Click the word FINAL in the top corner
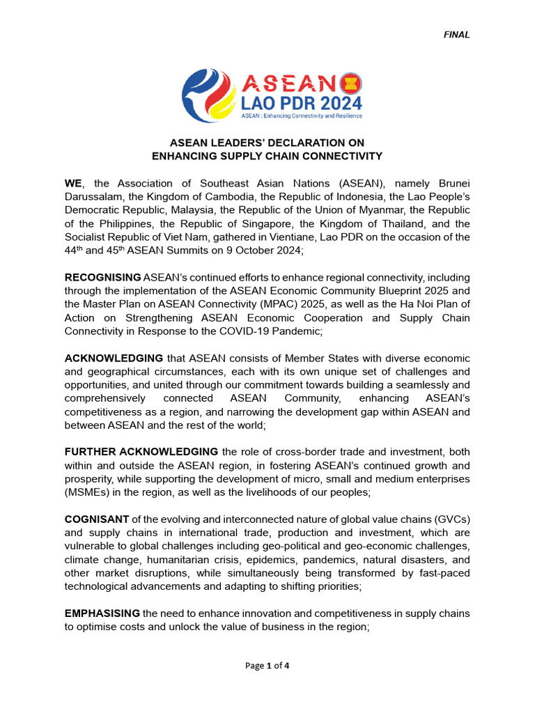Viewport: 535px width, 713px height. pyautogui.click(x=457, y=35)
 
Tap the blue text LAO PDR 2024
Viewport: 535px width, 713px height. pyautogui.click(x=302, y=104)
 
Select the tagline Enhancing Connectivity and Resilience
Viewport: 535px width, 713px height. pyautogui.click(x=301, y=116)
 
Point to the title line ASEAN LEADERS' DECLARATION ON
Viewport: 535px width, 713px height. pyautogui.click(x=267, y=143)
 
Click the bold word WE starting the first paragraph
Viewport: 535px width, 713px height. pyautogui.click(x=72, y=183)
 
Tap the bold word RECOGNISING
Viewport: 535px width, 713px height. pyautogui.click(x=103, y=278)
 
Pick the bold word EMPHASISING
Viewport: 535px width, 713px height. pyautogui.click(x=102, y=613)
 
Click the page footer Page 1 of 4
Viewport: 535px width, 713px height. pyautogui.click(x=267, y=666)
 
